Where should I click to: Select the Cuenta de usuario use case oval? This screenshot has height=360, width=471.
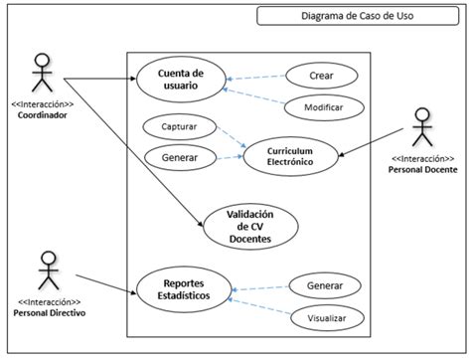(179, 79)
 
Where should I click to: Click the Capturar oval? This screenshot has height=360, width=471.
(179, 126)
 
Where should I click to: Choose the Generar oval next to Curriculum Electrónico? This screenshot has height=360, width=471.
(179, 157)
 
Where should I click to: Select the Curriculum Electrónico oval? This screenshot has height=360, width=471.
(289, 153)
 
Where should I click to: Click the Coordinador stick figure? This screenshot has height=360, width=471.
(41, 74)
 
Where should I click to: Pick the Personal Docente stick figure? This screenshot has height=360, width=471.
(422, 128)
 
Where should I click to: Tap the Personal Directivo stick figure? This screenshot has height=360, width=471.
(47, 270)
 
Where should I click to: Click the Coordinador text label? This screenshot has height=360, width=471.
(42, 113)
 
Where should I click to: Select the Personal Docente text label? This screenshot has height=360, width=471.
(422, 169)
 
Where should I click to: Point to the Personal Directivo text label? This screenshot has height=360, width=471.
(48, 312)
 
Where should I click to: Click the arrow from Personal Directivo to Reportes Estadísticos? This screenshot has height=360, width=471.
(104, 283)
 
